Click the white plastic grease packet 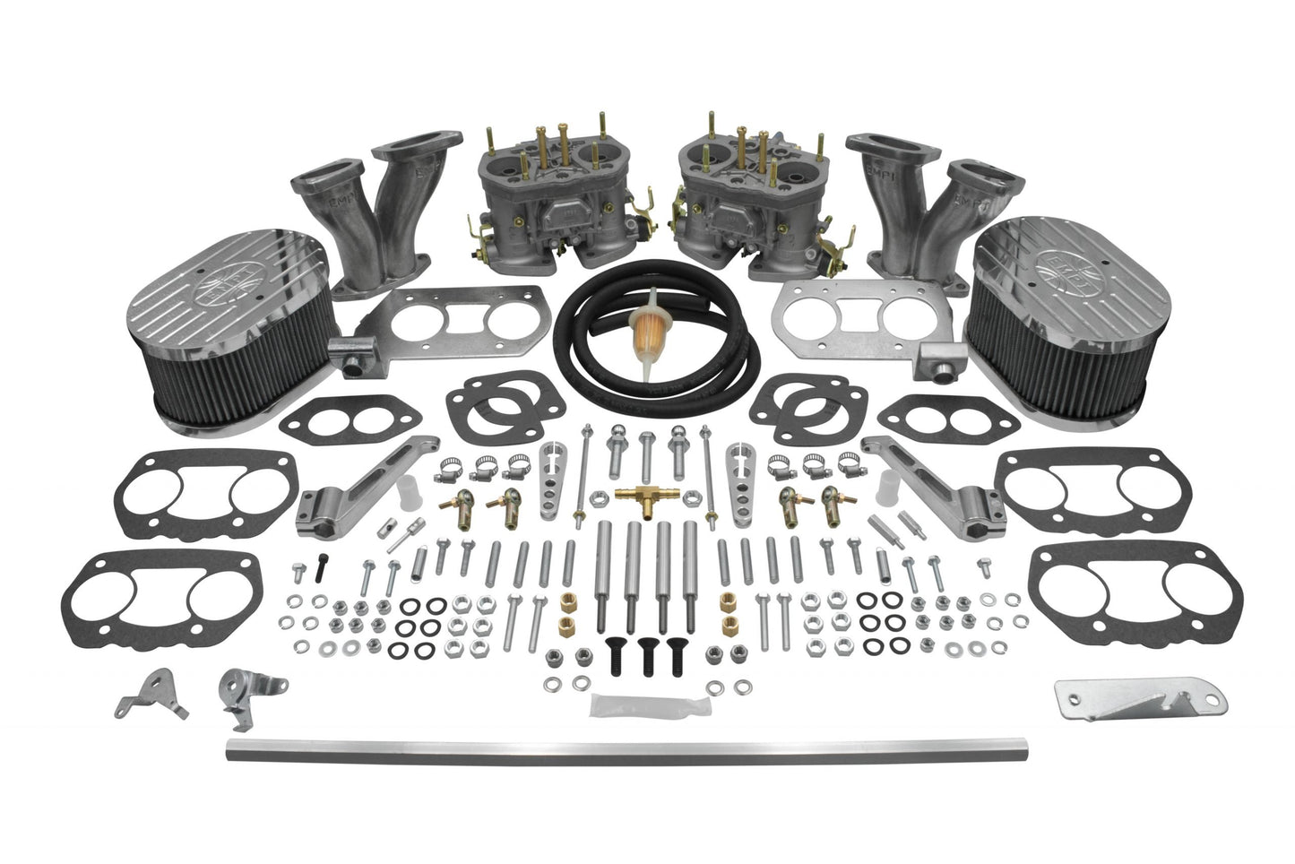pos(621,705)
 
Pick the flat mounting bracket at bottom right pos(1113,705)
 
